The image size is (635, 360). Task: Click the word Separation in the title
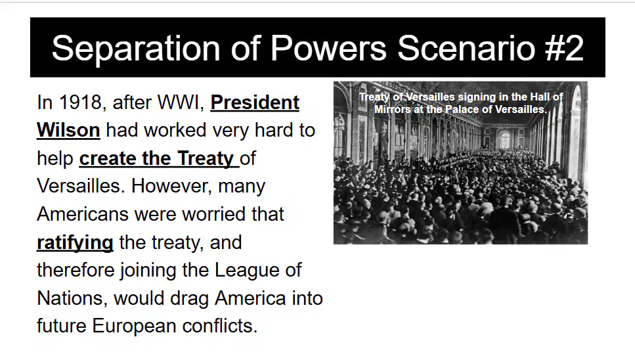pos(136,49)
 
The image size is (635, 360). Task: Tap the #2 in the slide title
pos(564,48)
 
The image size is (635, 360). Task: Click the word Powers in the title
pos(328,48)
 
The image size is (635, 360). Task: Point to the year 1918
pos(80,102)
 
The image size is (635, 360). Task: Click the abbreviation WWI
pos(181,102)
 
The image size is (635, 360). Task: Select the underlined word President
pos(255,102)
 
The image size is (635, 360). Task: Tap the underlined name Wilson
pos(68,130)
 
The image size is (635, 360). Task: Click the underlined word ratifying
pos(75,242)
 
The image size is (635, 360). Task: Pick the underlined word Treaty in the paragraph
pos(206,158)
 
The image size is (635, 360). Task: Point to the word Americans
pos(83,214)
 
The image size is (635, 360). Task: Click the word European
pos(134,326)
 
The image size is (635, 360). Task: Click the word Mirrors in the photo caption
pos(392,109)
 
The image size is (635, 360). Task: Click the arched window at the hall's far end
pos(504,140)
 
